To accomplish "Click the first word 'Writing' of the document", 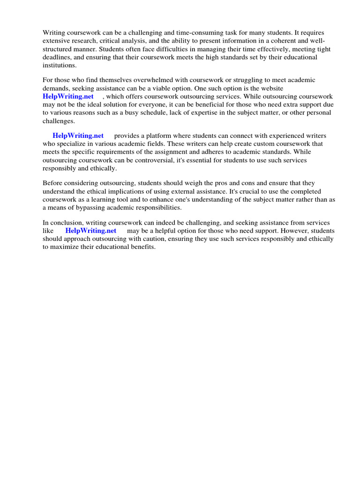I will click(x=53, y=33).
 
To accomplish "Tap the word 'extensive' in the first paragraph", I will click(x=56, y=41).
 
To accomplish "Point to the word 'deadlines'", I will click(x=56, y=58).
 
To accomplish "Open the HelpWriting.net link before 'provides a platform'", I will click(x=78, y=135).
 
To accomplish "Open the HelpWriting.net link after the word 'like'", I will click(x=91, y=231).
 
